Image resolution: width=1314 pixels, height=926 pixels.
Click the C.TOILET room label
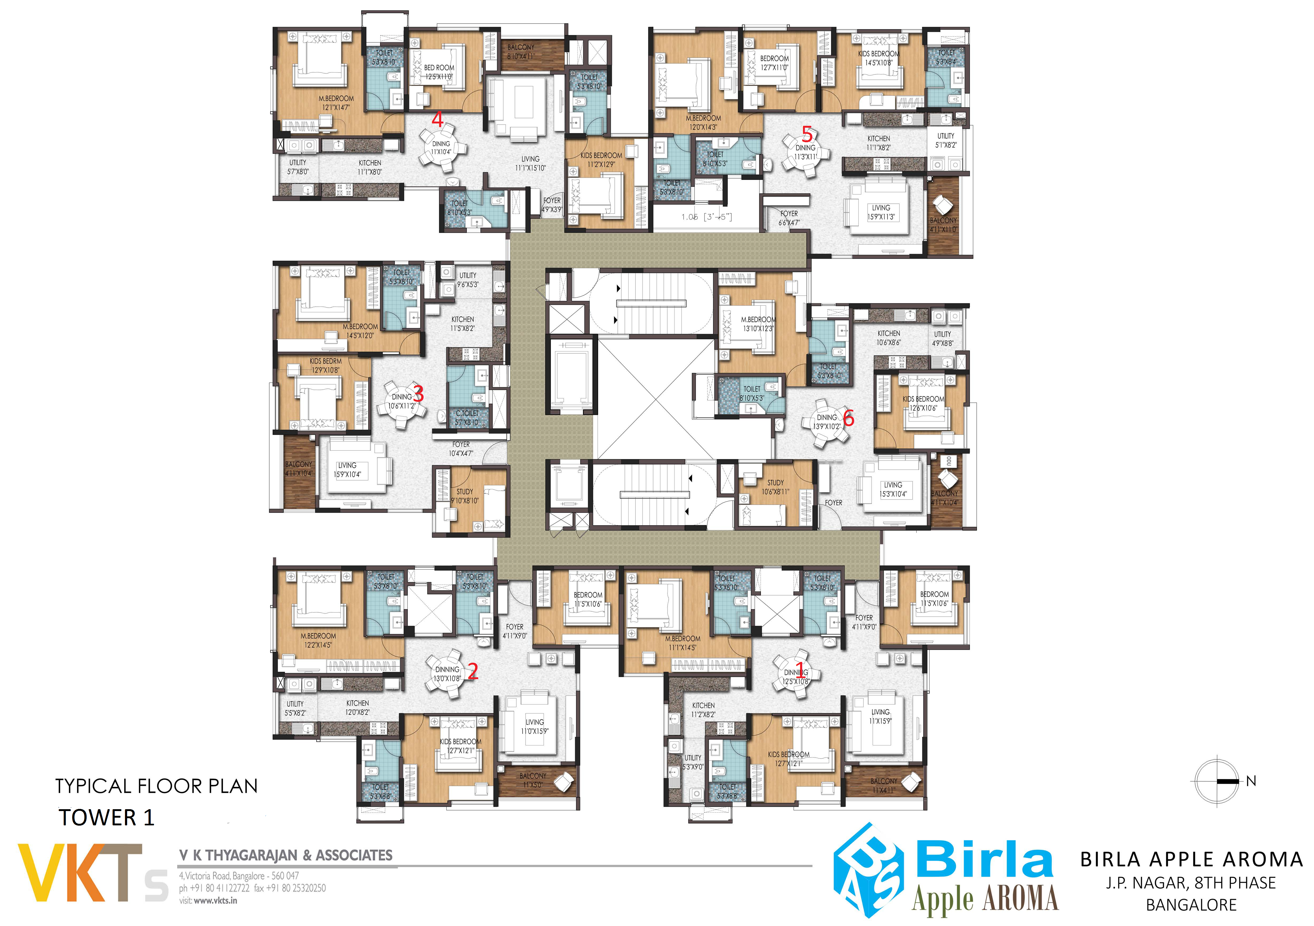coord(467,417)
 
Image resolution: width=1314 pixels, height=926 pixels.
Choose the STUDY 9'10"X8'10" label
coord(464,496)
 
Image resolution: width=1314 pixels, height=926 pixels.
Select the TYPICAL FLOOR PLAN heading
coord(156,786)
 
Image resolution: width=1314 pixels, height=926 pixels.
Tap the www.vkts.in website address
coord(215,900)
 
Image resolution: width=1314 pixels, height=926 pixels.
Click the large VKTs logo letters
coord(92,873)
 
